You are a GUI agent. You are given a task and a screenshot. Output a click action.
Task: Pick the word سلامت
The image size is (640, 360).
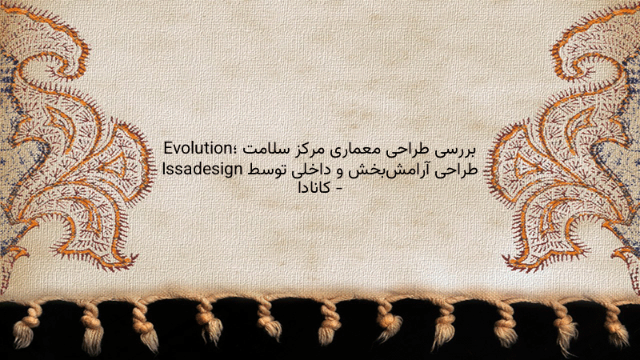pyautogui.click(x=262, y=150)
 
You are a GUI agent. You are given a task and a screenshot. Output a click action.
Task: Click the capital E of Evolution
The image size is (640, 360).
pyautogui.click(x=169, y=149)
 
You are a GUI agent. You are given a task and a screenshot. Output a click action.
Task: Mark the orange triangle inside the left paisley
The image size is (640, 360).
pyautogui.click(x=113, y=164)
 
